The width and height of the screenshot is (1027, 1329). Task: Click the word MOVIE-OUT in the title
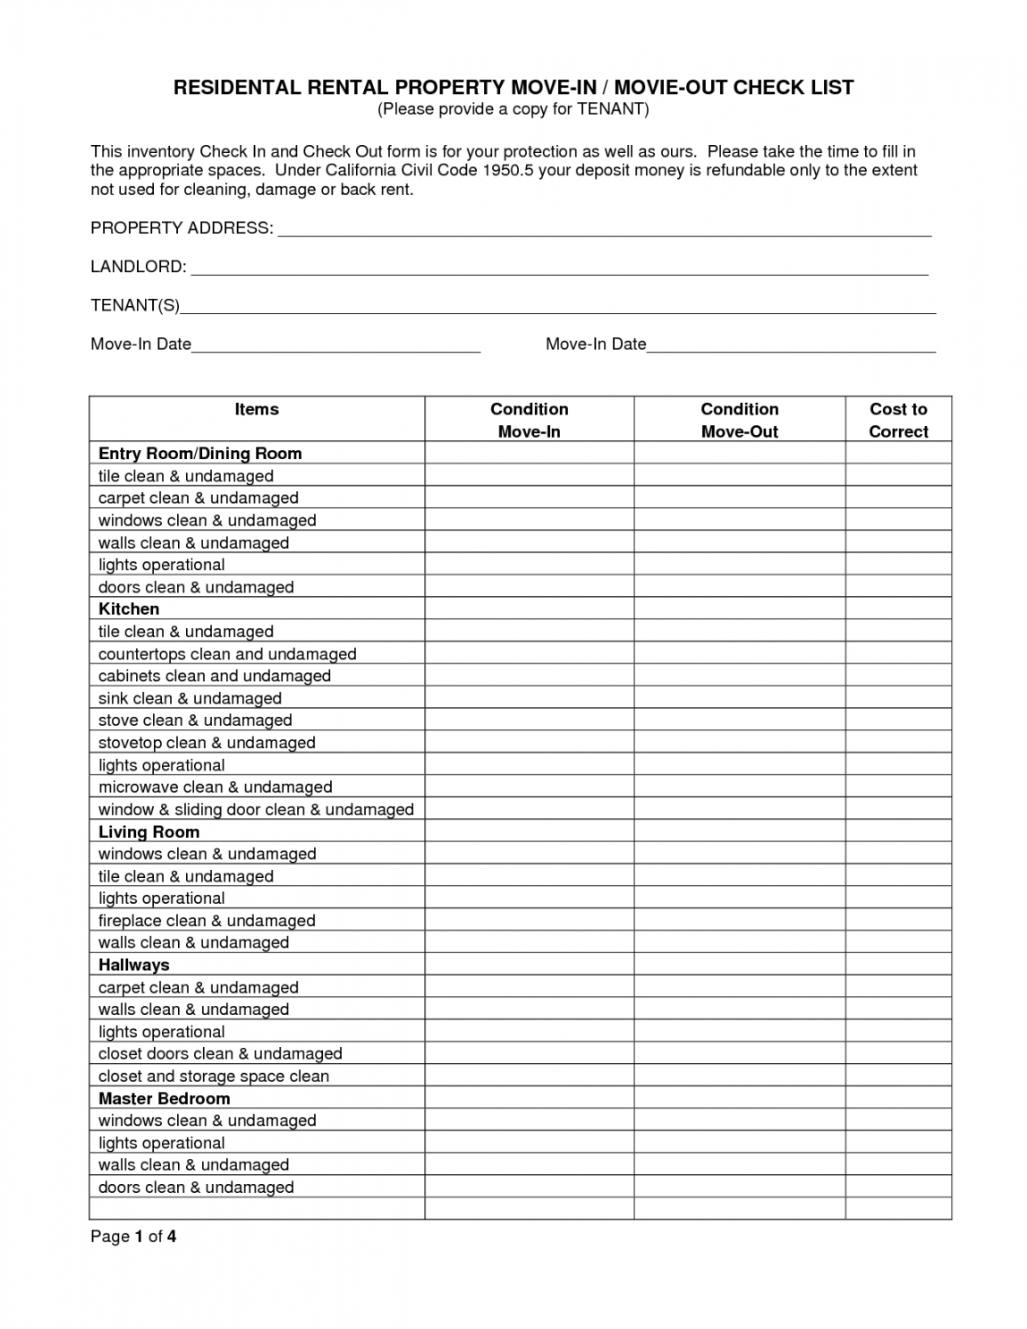pos(671,87)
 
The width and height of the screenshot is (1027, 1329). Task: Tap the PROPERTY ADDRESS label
pos(182,228)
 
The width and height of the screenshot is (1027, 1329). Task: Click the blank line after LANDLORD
pos(559,268)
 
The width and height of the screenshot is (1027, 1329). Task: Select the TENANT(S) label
pos(135,306)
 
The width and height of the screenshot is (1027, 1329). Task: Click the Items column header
pos(257,410)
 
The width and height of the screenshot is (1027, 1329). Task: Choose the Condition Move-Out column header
pos(739,420)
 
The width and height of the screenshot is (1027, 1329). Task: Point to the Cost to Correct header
pos(898,420)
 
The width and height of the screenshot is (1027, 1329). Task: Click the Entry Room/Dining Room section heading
pos(199,454)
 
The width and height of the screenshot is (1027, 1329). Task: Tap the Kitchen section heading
pos(129,609)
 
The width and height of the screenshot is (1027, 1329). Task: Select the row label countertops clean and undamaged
pos(227,654)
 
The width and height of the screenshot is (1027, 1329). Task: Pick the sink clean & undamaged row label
pos(190,698)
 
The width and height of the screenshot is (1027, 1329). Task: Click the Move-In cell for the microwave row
pos(529,788)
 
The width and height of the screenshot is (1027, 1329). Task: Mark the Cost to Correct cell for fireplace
pos(898,921)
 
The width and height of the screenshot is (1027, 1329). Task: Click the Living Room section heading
pos(149,832)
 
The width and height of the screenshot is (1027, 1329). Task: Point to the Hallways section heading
pos(133,966)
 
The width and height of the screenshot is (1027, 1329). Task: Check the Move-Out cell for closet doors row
pos(739,1054)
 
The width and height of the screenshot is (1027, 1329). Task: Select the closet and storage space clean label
pos(214,1077)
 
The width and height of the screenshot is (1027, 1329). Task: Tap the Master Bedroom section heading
pos(164,1099)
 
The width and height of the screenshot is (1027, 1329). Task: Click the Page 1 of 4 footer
pos(133,1237)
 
